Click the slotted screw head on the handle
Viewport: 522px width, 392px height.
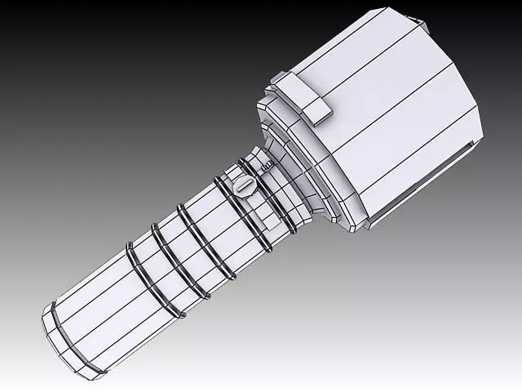tap(246, 187)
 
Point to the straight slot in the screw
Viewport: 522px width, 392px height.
tap(246, 187)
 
